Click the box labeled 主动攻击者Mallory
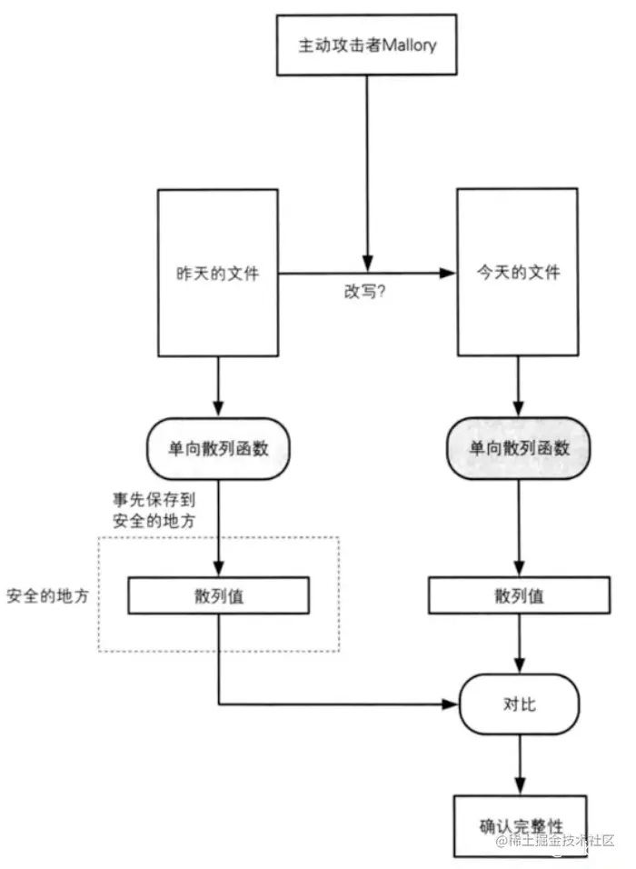(x=367, y=45)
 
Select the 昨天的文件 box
(x=218, y=273)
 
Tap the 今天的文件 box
(x=518, y=272)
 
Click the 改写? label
(x=364, y=292)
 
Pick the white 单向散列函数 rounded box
(x=218, y=448)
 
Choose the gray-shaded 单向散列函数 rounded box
(x=519, y=448)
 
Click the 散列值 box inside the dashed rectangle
(x=218, y=595)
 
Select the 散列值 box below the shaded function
(x=519, y=594)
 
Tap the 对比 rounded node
(x=519, y=704)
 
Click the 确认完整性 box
(x=521, y=826)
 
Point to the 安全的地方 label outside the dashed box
(x=47, y=595)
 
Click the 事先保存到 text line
(x=154, y=499)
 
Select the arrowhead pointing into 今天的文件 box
(x=448, y=273)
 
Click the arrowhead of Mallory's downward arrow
(x=367, y=264)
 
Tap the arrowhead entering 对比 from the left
(x=451, y=704)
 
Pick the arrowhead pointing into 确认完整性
(x=520, y=786)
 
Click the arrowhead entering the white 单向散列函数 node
(x=218, y=408)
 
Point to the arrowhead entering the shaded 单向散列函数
(x=519, y=408)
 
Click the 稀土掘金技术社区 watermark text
(x=555, y=840)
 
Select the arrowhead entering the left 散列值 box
(x=218, y=568)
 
